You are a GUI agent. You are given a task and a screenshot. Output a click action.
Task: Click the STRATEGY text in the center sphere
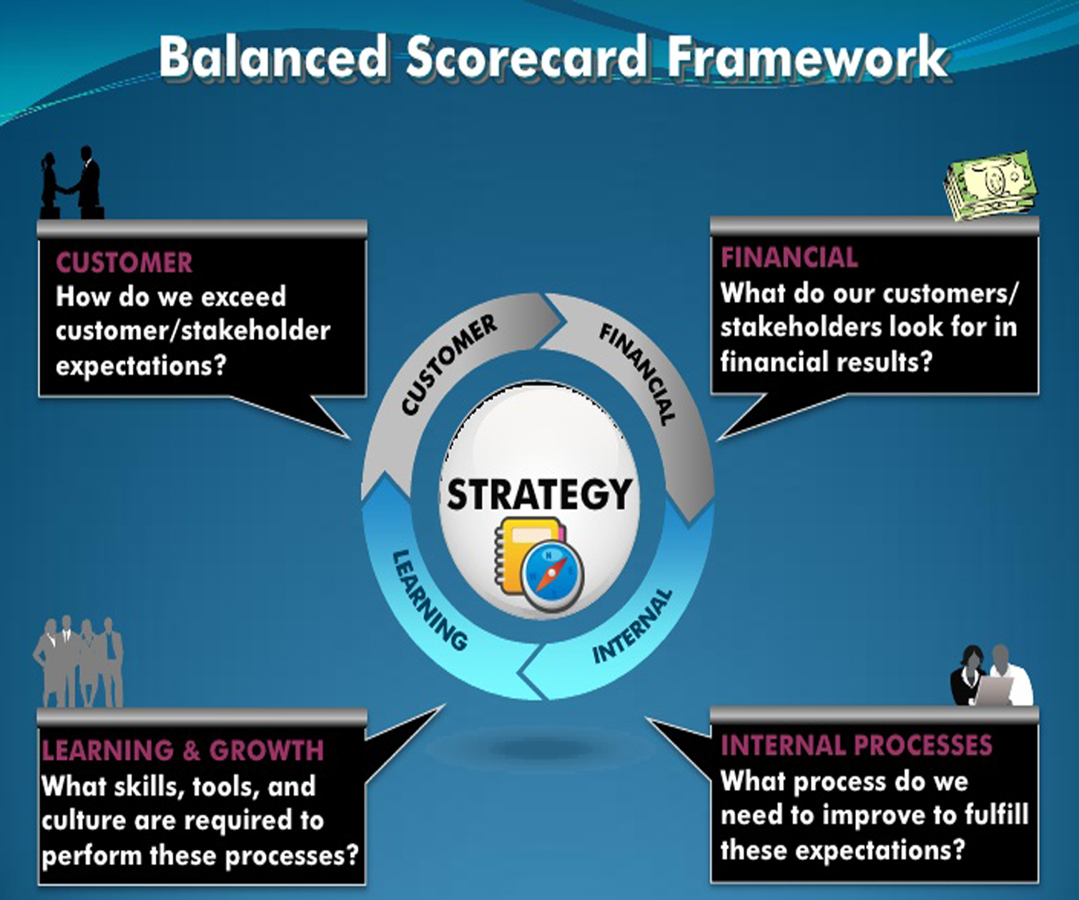pyautogui.click(x=539, y=494)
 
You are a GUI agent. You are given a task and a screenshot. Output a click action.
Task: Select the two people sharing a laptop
pyautogui.click(x=991, y=676)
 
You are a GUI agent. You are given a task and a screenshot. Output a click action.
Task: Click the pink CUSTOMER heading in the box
pyautogui.click(x=124, y=262)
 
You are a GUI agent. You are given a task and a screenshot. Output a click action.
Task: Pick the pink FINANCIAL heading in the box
pyautogui.click(x=789, y=257)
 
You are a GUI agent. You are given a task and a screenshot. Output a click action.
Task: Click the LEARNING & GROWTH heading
pyautogui.click(x=182, y=750)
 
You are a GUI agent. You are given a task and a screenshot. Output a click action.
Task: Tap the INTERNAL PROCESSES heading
pyautogui.click(x=857, y=745)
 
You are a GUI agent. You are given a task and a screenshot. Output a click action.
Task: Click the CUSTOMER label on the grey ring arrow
pyautogui.click(x=448, y=365)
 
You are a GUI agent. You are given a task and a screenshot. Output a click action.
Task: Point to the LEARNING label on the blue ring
pyautogui.click(x=430, y=599)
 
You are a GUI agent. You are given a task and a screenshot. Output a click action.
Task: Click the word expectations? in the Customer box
pyautogui.click(x=141, y=366)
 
